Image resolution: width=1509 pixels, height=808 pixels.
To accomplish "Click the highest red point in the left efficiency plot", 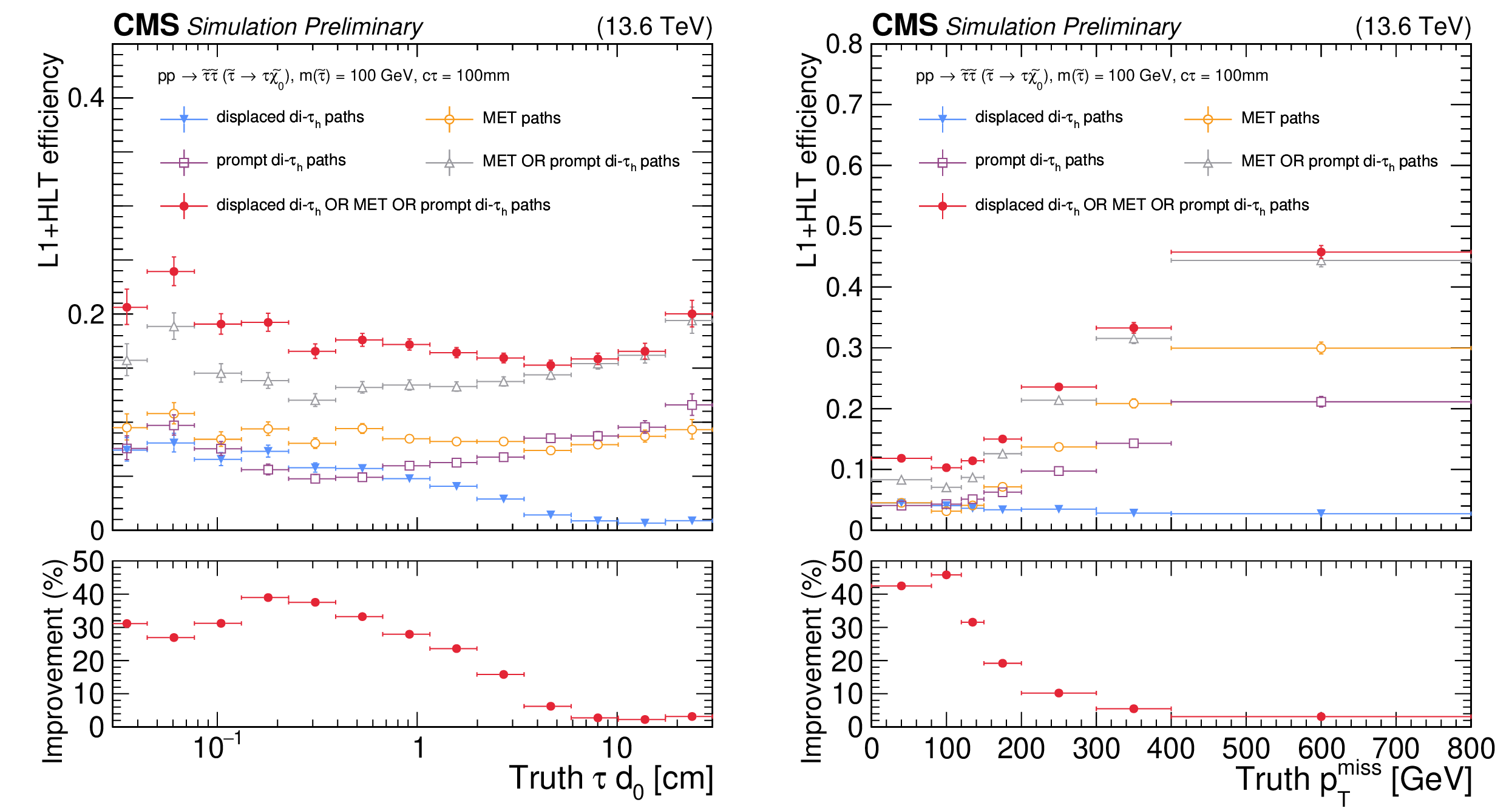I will [x=174, y=271].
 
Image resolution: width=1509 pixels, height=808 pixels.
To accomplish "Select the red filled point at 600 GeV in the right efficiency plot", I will [x=1321, y=252].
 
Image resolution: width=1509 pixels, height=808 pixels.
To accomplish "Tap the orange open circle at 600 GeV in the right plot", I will [x=1321, y=348].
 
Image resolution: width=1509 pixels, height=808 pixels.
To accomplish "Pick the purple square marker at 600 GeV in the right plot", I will [x=1321, y=401].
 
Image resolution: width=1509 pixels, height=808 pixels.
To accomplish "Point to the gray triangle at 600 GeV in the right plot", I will [x=1321, y=262].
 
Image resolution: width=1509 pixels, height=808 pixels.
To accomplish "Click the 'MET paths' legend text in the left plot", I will [x=521, y=118].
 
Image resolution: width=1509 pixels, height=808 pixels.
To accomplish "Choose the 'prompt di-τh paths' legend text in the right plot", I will [x=1039, y=161].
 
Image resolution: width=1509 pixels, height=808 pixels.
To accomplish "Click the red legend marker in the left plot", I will [x=184, y=206].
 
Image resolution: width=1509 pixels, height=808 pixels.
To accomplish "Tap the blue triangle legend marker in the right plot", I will [x=942, y=119].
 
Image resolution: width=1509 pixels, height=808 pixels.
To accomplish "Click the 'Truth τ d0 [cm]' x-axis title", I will [x=611, y=779].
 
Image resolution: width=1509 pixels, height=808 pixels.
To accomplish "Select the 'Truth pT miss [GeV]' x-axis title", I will [x=1354, y=781].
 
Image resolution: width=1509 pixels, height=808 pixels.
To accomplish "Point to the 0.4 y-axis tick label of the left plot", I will [x=86, y=98].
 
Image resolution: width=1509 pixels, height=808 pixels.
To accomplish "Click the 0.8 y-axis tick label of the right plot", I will [x=844, y=44].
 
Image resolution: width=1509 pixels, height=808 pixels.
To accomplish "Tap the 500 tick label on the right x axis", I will [x=1246, y=749].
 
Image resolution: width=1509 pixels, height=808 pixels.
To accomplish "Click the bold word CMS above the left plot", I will [x=146, y=25].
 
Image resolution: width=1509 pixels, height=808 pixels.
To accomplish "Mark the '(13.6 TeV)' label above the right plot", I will [x=1413, y=27].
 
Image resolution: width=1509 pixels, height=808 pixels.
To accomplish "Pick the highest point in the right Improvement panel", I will [x=946, y=575].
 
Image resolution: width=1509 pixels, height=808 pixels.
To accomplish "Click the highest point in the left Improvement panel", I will [x=268, y=597].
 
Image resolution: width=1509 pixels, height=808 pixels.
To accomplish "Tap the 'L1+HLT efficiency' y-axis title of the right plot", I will [x=807, y=159].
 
